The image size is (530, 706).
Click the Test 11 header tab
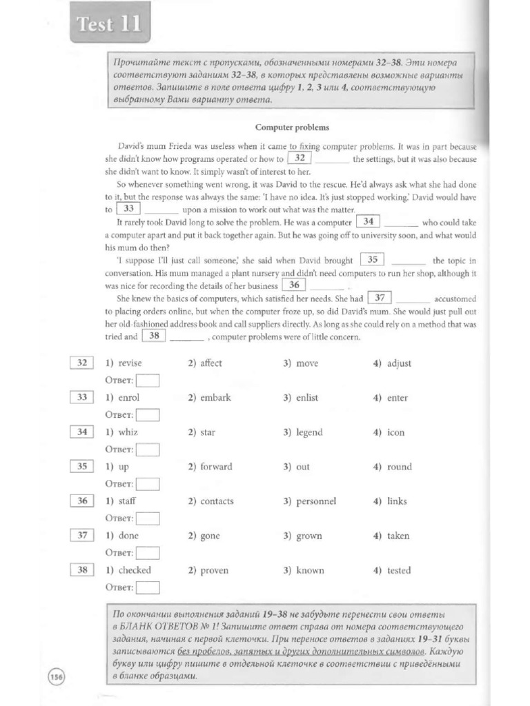coord(108,26)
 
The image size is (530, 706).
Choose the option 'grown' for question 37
coord(308,536)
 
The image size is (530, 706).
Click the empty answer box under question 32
coord(148,380)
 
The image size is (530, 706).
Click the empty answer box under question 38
coord(148,587)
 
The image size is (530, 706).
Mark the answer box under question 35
coord(148,483)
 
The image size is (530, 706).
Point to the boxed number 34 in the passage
coord(369,222)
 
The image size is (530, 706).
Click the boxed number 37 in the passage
coord(380,298)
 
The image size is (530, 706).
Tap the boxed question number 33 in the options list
coord(82,397)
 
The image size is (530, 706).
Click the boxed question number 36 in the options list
coord(82,501)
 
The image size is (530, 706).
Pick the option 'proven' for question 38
coord(214,570)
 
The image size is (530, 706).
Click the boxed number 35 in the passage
coord(373,260)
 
